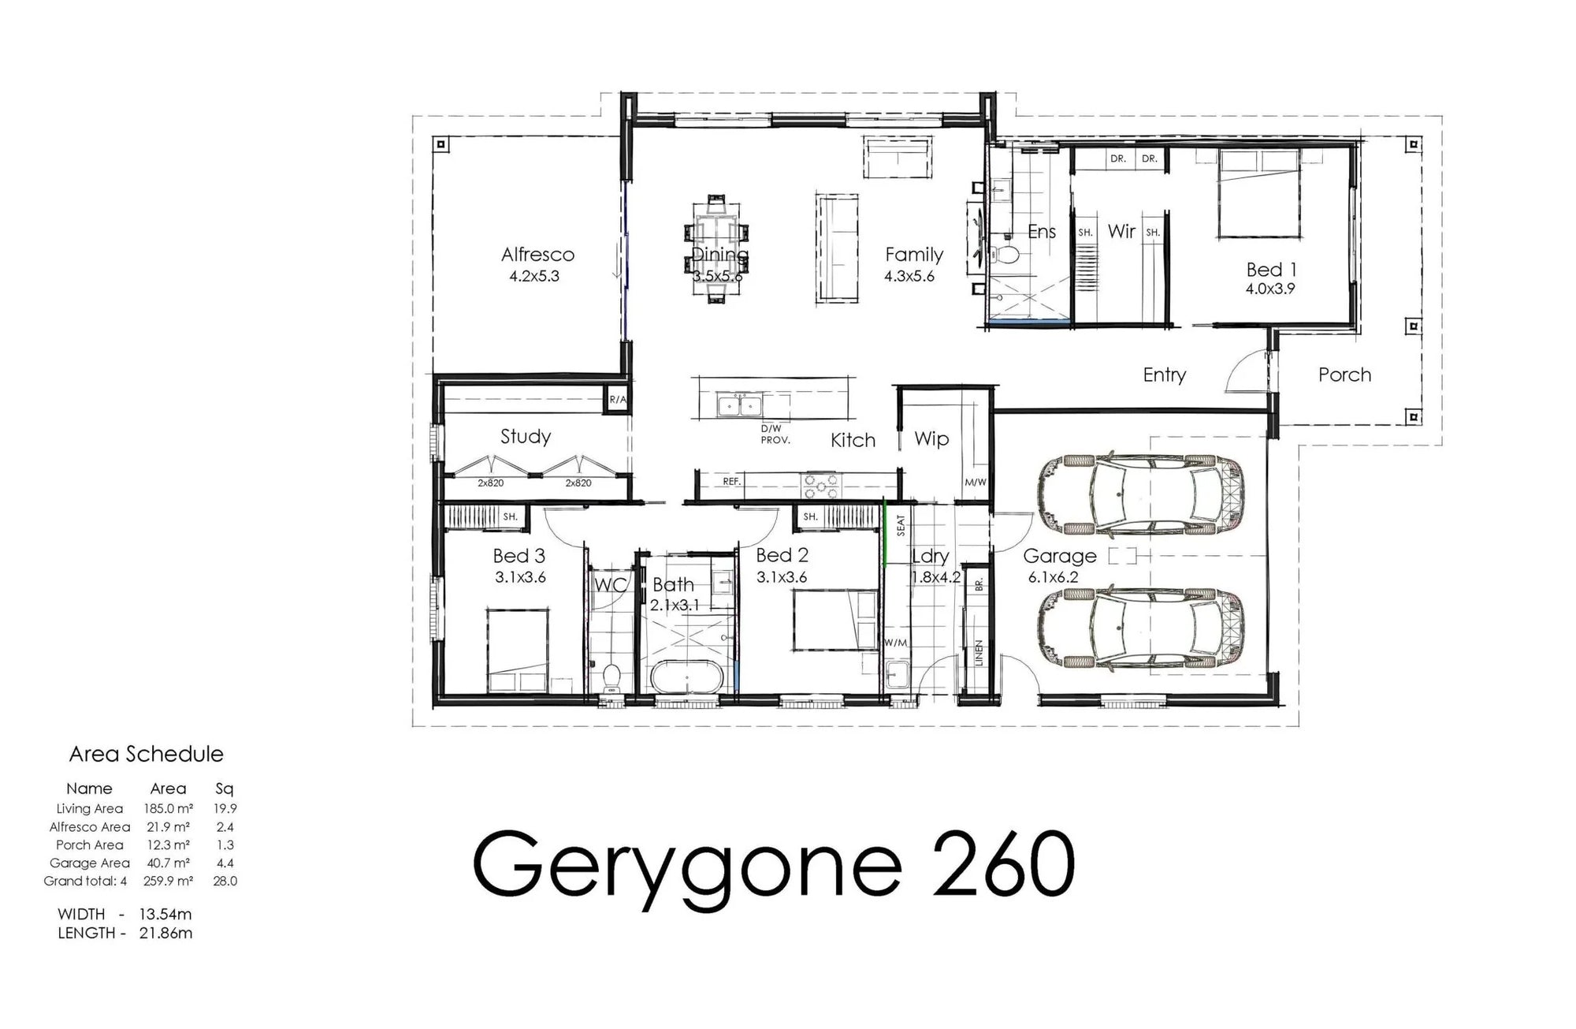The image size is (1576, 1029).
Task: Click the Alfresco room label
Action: [x=538, y=255]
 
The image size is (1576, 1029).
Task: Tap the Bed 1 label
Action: [x=1271, y=270]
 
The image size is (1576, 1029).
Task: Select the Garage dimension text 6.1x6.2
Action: [x=1053, y=577]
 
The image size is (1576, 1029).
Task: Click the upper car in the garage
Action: [x=1142, y=494]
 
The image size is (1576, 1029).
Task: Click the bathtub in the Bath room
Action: [x=684, y=677]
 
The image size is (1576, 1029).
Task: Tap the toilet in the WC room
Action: [x=611, y=679]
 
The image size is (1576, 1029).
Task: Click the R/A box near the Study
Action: [x=617, y=400]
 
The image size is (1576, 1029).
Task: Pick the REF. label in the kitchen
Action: [x=731, y=481]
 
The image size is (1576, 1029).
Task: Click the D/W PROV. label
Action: [x=775, y=434]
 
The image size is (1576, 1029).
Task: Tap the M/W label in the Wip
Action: [x=975, y=483]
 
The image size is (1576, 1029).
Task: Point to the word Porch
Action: [x=1344, y=375]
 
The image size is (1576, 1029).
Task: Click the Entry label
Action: [x=1165, y=375]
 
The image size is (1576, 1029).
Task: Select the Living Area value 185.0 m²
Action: [x=168, y=808]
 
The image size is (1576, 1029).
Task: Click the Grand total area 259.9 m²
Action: [x=168, y=881]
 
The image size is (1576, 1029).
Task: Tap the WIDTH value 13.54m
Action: [x=165, y=915]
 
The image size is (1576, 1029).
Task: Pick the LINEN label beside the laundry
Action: [x=979, y=654]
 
